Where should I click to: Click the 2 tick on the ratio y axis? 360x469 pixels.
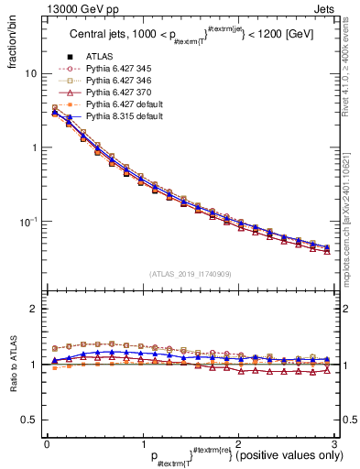pos(35,309)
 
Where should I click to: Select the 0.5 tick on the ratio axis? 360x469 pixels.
pos(30,420)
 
